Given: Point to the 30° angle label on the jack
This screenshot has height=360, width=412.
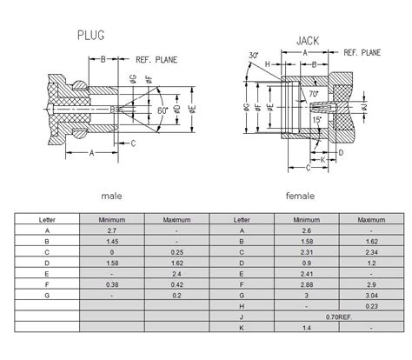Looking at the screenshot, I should click(x=252, y=57).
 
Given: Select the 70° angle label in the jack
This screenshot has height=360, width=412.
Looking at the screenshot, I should click(x=313, y=92).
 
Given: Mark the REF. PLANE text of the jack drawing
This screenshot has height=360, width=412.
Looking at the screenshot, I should click(x=363, y=52).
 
